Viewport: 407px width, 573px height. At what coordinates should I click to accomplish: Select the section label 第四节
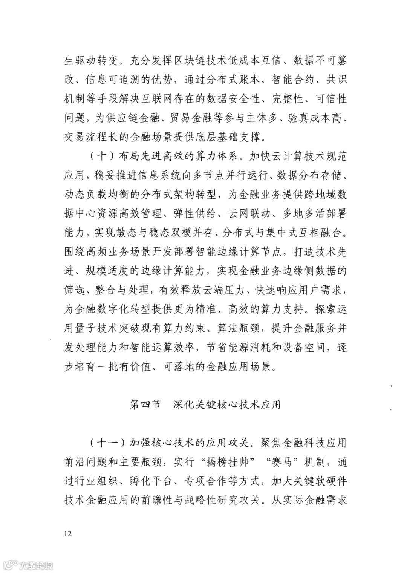pos(145,405)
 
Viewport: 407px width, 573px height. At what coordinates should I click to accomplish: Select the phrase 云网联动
pos(249,214)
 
